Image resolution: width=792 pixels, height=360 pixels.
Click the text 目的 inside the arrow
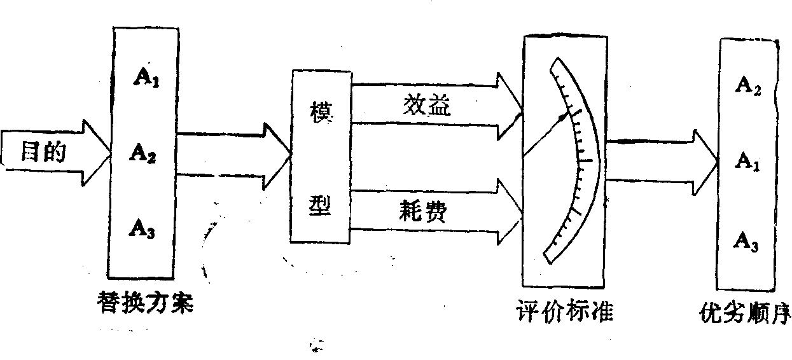(44, 153)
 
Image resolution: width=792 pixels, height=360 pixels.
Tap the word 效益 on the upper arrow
(427, 106)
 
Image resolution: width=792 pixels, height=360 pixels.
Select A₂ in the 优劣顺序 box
(747, 86)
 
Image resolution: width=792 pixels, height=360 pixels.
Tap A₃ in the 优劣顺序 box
(747, 240)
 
